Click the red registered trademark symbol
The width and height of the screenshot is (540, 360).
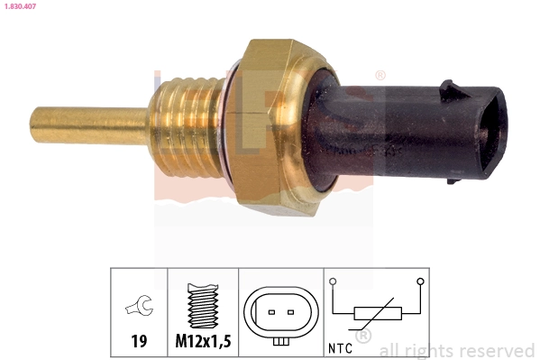[x=380, y=76]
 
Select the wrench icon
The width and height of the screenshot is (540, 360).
[x=139, y=308]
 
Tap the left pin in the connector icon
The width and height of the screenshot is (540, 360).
[x=270, y=313]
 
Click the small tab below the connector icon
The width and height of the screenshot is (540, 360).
[x=281, y=341]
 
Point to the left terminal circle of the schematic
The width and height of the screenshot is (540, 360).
[x=333, y=282]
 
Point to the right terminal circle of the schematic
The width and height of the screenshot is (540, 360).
[x=419, y=282]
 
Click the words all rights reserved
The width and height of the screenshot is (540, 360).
[x=456, y=350]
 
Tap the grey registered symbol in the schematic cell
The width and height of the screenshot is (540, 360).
[x=363, y=337]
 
